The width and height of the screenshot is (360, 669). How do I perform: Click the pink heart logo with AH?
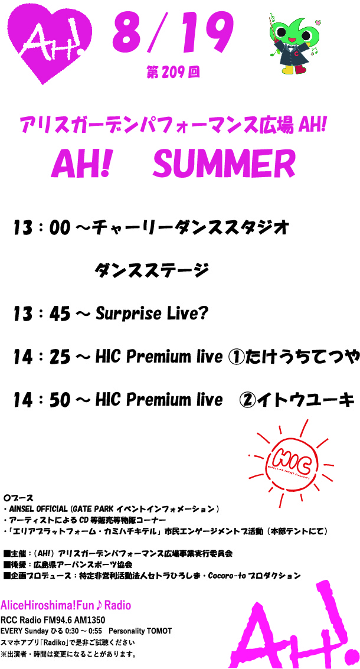click(x=50, y=43)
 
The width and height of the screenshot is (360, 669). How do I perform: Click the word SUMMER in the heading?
click(x=224, y=164)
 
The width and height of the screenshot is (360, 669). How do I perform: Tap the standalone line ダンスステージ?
click(x=152, y=270)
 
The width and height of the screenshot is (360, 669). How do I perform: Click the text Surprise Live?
click(x=152, y=315)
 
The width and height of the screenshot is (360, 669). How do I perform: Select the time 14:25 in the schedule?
click(x=41, y=357)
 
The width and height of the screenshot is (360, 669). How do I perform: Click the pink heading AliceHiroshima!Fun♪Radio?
click(x=66, y=605)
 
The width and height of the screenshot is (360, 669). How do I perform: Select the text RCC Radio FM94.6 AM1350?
click(x=53, y=620)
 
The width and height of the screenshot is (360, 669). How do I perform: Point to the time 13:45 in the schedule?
click(x=41, y=315)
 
